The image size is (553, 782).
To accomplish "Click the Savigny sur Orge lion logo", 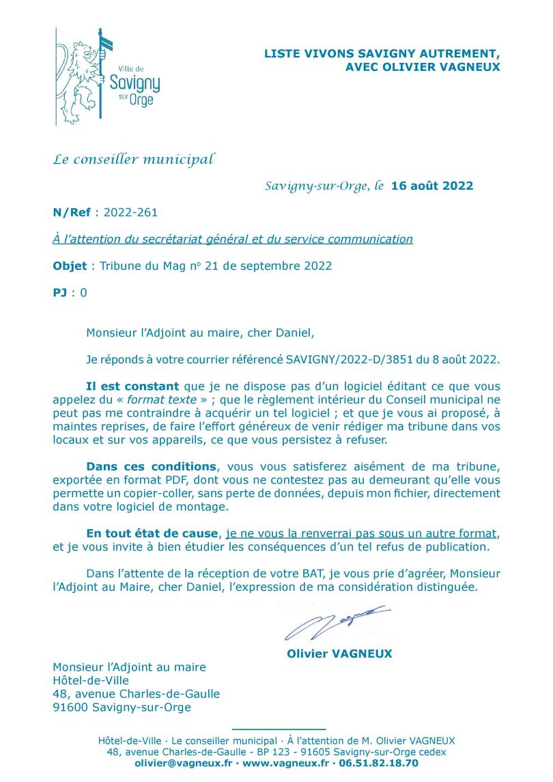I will [107, 76].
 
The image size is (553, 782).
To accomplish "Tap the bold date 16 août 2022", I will [432, 186].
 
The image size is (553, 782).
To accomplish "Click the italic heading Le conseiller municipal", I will [134, 160].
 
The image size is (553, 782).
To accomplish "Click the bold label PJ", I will [60, 293].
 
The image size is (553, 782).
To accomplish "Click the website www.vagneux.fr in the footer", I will [285, 763].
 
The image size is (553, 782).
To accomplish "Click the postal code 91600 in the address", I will [70, 707].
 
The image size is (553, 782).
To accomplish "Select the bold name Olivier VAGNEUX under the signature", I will [339, 654].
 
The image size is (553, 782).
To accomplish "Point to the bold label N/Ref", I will [72, 212].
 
